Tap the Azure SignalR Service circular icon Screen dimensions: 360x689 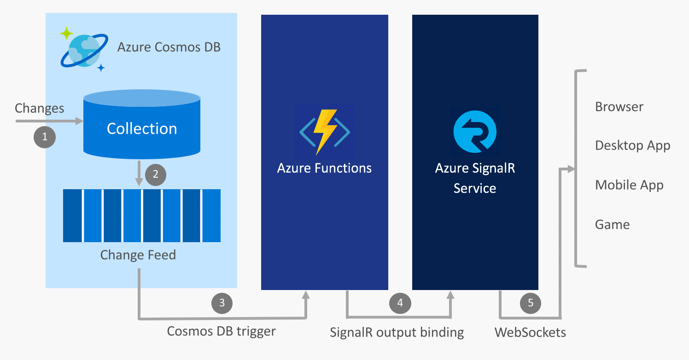[x=474, y=131]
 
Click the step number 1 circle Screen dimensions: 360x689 [x=45, y=137]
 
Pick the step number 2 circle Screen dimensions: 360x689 [x=155, y=174]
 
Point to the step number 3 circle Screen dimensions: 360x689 [x=222, y=302]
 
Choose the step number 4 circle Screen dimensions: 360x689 [x=400, y=302]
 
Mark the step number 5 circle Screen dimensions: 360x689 [x=531, y=302]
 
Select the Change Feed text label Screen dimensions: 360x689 [x=138, y=255]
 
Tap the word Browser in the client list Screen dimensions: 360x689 [x=619, y=107]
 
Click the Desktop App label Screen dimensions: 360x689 [x=632, y=145]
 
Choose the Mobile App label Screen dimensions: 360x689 [x=629, y=185]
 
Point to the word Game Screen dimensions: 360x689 [x=612, y=225]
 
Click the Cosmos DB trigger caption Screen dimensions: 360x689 [x=221, y=331]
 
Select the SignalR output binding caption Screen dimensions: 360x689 [x=397, y=332]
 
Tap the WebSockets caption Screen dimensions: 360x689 [x=530, y=332]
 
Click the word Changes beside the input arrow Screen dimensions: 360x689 [x=40, y=108]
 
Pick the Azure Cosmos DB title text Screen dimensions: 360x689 [x=169, y=47]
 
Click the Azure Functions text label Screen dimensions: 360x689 [x=324, y=168]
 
